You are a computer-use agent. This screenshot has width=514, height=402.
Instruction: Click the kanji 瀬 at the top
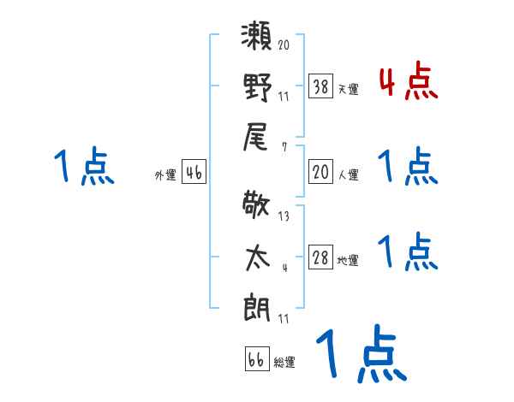click(x=256, y=39)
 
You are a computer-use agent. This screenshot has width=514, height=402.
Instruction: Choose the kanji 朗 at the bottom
click(x=256, y=305)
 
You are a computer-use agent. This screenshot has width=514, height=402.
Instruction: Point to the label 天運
click(x=348, y=88)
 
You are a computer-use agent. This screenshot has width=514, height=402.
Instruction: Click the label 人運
click(x=348, y=174)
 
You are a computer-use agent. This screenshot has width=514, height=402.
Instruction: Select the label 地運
click(x=348, y=260)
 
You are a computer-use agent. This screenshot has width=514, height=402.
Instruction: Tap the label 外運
click(x=165, y=174)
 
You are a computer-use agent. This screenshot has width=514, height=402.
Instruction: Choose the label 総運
click(x=284, y=362)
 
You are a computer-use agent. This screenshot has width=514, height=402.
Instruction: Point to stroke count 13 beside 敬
click(x=284, y=216)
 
